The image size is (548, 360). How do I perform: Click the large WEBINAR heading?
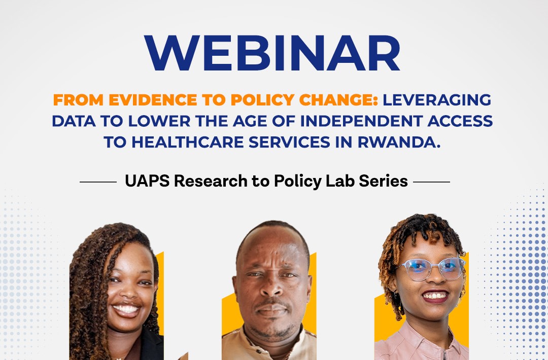click(272, 53)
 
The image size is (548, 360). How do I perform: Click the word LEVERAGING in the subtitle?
click(437, 100)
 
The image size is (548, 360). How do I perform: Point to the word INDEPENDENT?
click(361, 121)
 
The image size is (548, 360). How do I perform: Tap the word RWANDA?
click(399, 142)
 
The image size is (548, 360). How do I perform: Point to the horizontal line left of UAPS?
click(98, 182)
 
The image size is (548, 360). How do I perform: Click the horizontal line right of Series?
click(431, 182)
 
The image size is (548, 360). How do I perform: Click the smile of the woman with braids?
click(126, 309)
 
